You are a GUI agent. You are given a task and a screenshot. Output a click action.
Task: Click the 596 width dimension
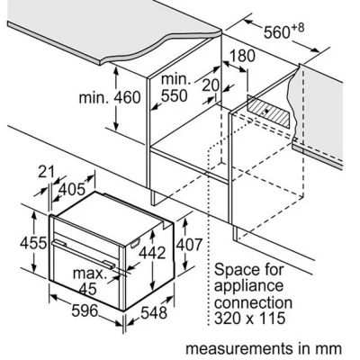[85, 310]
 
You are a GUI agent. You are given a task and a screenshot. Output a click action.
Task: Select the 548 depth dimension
[154, 312]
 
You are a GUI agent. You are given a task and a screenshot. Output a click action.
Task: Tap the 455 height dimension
[33, 243]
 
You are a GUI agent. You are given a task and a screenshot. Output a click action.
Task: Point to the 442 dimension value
[152, 253]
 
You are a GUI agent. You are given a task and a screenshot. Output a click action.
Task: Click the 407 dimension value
[189, 245]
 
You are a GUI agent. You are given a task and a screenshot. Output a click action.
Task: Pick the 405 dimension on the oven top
[72, 189]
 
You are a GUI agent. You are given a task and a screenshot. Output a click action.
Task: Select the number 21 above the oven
[47, 172]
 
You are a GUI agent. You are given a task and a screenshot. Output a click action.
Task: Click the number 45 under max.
[88, 289]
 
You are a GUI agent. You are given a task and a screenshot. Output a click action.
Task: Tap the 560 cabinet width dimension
[276, 32]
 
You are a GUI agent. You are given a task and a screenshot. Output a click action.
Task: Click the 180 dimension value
[242, 56]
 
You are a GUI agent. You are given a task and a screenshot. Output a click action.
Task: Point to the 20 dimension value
[211, 85]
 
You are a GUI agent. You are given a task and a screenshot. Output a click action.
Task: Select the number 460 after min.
[127, 98]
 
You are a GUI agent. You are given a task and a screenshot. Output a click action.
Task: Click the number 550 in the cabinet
[175, 96]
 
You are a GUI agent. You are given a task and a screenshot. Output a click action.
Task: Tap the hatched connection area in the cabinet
[268, 112]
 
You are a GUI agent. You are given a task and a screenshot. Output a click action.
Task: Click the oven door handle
[83, 254]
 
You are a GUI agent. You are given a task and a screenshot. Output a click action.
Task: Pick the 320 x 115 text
[249, 318]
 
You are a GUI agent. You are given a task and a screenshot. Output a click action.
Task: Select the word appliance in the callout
[248, 286]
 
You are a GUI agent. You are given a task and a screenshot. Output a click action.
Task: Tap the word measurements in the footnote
[239, 349]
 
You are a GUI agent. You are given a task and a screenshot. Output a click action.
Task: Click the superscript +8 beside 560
[297, 28]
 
